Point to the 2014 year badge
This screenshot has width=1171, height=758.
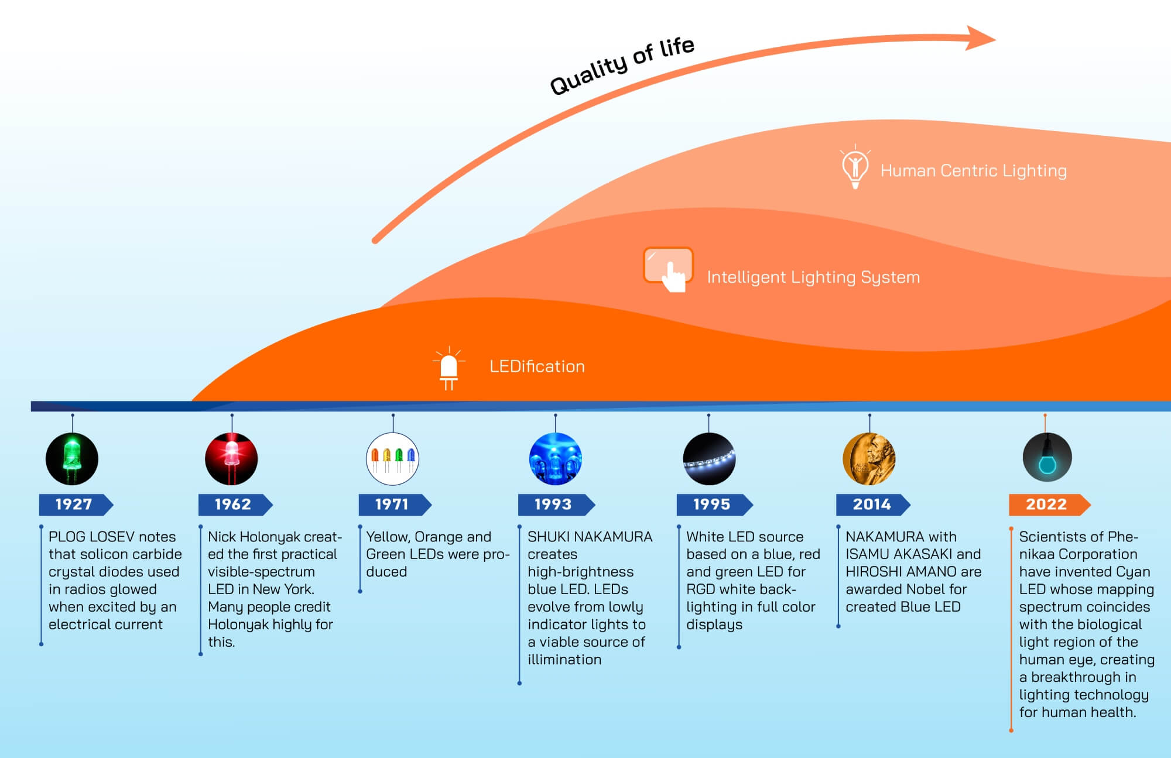tap(872, 505)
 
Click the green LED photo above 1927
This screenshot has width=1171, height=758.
tap(72, 459)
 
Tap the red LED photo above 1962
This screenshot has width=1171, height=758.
tap(231, 459)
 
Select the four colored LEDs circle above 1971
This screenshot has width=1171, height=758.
tap(392, 459)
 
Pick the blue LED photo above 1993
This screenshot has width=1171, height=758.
tap(555, 459)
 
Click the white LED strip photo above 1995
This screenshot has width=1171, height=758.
tap(709, 459)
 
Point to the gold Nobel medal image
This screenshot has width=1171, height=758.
tap(869, 459)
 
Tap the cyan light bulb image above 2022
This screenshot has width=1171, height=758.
tap(1047, 458)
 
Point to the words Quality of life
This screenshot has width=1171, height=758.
tap(622, 66)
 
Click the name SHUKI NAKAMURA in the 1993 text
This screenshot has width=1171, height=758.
tap(590, 537)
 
